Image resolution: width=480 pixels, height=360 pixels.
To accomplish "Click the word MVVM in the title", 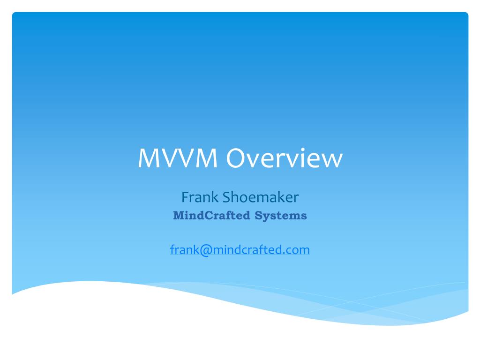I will [x=178, y=159].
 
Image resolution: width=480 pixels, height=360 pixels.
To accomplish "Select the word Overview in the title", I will [x=284, y=159].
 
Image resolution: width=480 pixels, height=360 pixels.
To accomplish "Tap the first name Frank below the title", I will [x=200, y=197].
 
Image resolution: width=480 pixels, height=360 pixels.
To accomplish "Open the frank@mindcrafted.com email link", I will [x=240, y=250].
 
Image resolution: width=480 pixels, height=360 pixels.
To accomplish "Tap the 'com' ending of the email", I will [x=300, y=250].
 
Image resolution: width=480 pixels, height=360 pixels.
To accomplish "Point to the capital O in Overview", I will [x=237, y=159].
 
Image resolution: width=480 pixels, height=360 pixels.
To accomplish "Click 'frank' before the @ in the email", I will [x=184, y=250].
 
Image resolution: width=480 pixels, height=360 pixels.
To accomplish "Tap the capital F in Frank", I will [x=185, y=197].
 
